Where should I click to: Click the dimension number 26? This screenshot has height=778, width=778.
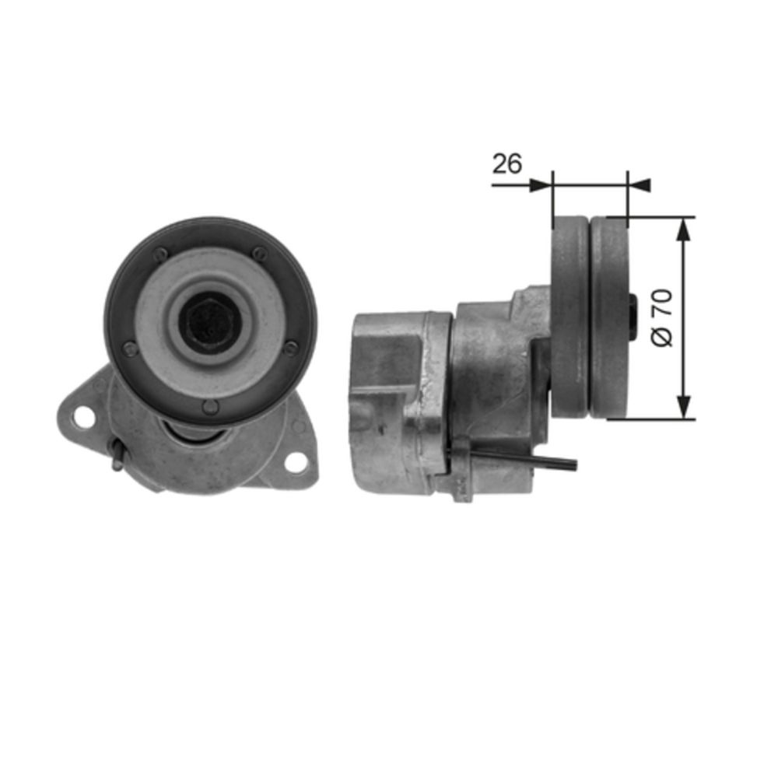point(506,163)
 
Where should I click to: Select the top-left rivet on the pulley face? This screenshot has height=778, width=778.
point(159,255)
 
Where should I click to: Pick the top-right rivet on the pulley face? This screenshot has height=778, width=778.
point(260,254)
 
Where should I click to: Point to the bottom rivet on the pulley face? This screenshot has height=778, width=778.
point(211,408)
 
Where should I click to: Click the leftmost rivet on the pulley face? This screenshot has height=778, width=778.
point(130,349)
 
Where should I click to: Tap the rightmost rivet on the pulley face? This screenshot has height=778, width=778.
point(291,348)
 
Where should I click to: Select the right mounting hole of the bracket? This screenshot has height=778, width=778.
point(296,462)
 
